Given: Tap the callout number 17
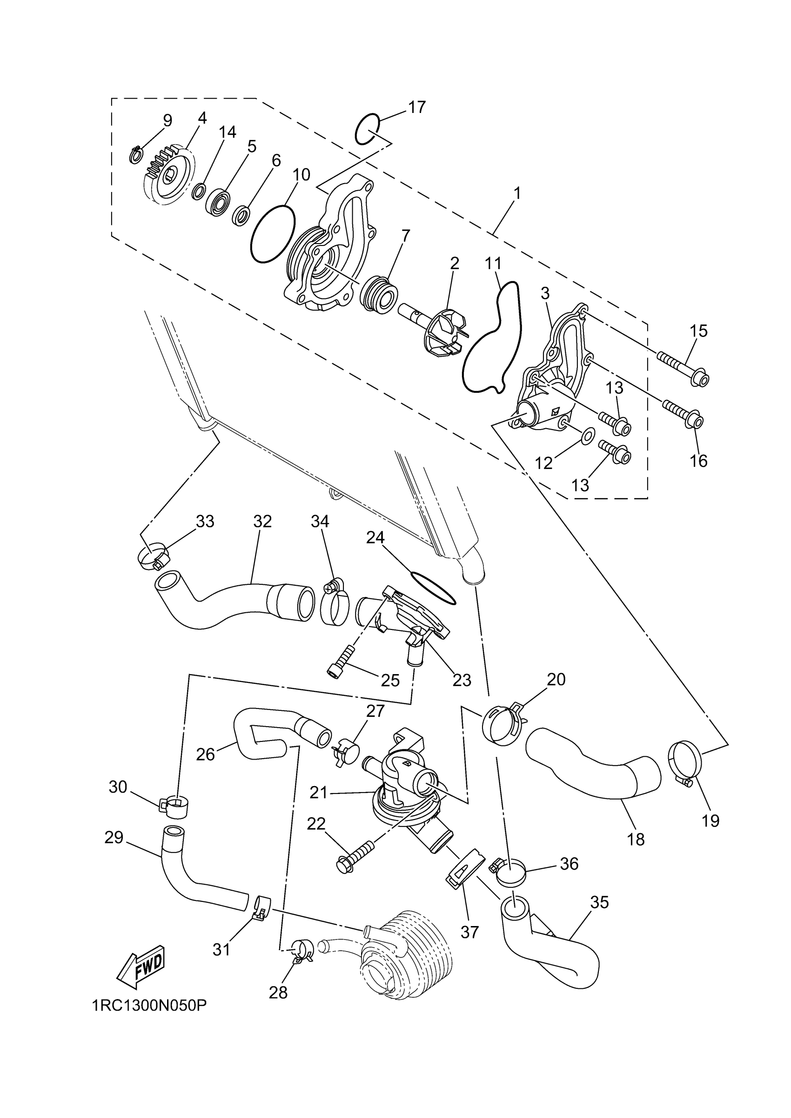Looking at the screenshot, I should point(417,107).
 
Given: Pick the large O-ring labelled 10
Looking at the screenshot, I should point(273,234).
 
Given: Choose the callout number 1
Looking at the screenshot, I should point(517,194).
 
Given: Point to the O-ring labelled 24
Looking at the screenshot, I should point(434,587).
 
